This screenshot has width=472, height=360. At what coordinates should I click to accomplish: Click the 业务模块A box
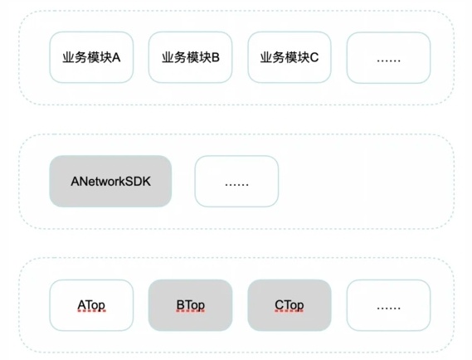pos(91,57)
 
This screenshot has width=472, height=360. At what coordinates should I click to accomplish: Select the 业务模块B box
pos(190,57)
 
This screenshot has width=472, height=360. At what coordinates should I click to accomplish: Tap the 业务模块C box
pos(290,57)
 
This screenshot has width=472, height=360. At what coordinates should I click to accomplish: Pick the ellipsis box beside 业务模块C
pos(388,57)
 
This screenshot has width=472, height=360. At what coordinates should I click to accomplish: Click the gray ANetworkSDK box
pos(110,181)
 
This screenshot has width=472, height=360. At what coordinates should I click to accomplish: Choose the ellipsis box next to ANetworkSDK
pos(236,181)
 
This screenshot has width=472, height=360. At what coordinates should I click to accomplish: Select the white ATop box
pos(91,305)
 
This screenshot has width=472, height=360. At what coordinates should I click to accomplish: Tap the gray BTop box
pos(190,305)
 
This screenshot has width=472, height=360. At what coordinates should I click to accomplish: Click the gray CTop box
pos(290,305)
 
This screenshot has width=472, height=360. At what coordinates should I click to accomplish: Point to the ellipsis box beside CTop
pos(388,305)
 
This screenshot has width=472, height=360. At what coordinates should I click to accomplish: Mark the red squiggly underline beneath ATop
pos(92,311)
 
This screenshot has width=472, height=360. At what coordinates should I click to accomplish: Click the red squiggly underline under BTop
pos(191,311)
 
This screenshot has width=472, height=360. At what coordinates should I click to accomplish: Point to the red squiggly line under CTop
pos(290,311)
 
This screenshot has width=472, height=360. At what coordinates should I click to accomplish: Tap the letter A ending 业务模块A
pos(116,57)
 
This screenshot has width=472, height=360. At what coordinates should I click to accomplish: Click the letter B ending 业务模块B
pos(216,57)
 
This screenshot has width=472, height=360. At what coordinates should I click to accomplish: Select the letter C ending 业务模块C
pos(314,57)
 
